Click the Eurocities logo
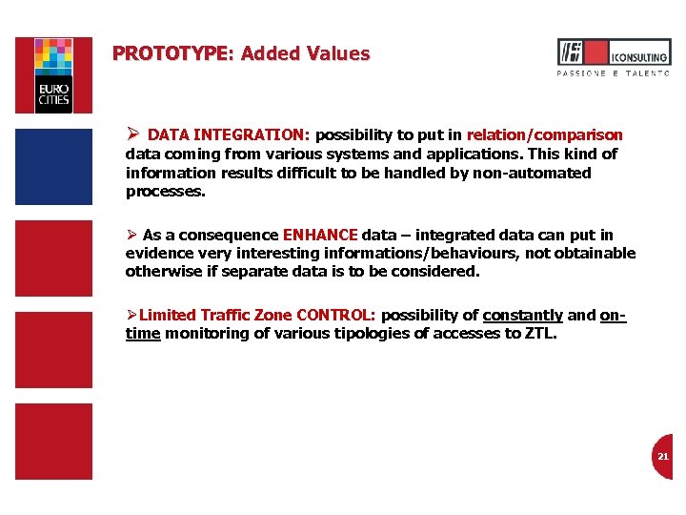[53, 75]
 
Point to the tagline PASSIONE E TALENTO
[613, 73]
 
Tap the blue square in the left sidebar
[53, 166]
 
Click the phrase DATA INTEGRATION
[229, 135]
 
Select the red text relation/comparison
[544, 135]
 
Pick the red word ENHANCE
[319, 235]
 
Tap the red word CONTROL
[336, 315]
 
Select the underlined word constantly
[522, 315]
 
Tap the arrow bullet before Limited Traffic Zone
[131, 315]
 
